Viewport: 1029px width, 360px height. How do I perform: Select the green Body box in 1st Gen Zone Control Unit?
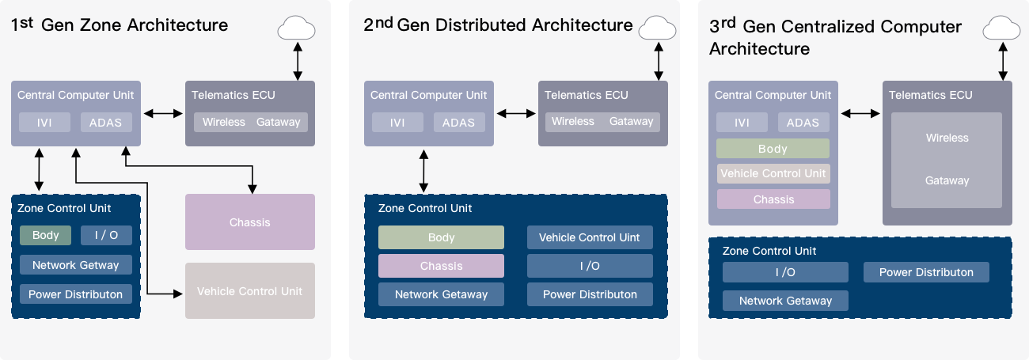coord(46,235)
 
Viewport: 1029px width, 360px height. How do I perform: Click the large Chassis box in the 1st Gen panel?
coord(250,222)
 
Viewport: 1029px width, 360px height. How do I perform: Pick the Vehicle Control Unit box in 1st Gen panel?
coord(250,290)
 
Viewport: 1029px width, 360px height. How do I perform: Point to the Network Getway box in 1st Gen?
coord(75,265)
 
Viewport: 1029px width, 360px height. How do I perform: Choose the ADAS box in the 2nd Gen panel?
coord(458,123)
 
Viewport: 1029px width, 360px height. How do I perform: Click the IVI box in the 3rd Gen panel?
coord(742,123)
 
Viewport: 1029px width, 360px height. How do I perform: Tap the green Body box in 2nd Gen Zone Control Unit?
coord(441,237)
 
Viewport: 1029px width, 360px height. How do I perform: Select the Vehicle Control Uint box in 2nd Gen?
coord(590,237)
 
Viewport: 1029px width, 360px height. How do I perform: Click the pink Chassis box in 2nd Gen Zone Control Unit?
coord(441,266)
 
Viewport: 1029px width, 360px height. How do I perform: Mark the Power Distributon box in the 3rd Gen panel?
coord(926,272)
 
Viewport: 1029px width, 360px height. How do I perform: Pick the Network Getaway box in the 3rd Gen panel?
coord(785,301)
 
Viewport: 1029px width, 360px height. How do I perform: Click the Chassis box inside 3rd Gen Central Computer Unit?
coord(773,199)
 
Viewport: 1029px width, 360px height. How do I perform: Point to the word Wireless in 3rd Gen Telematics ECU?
coord(947,138)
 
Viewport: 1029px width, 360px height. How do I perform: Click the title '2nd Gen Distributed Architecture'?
coord(498,25)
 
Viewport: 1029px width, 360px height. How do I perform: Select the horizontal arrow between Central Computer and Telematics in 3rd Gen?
coord(860,114)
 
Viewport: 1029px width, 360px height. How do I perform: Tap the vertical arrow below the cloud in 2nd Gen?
coord(659,60)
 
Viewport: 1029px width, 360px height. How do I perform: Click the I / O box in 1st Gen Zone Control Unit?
coord(106,235)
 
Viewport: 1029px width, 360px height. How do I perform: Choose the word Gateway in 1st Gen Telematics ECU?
coord(279,122)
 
